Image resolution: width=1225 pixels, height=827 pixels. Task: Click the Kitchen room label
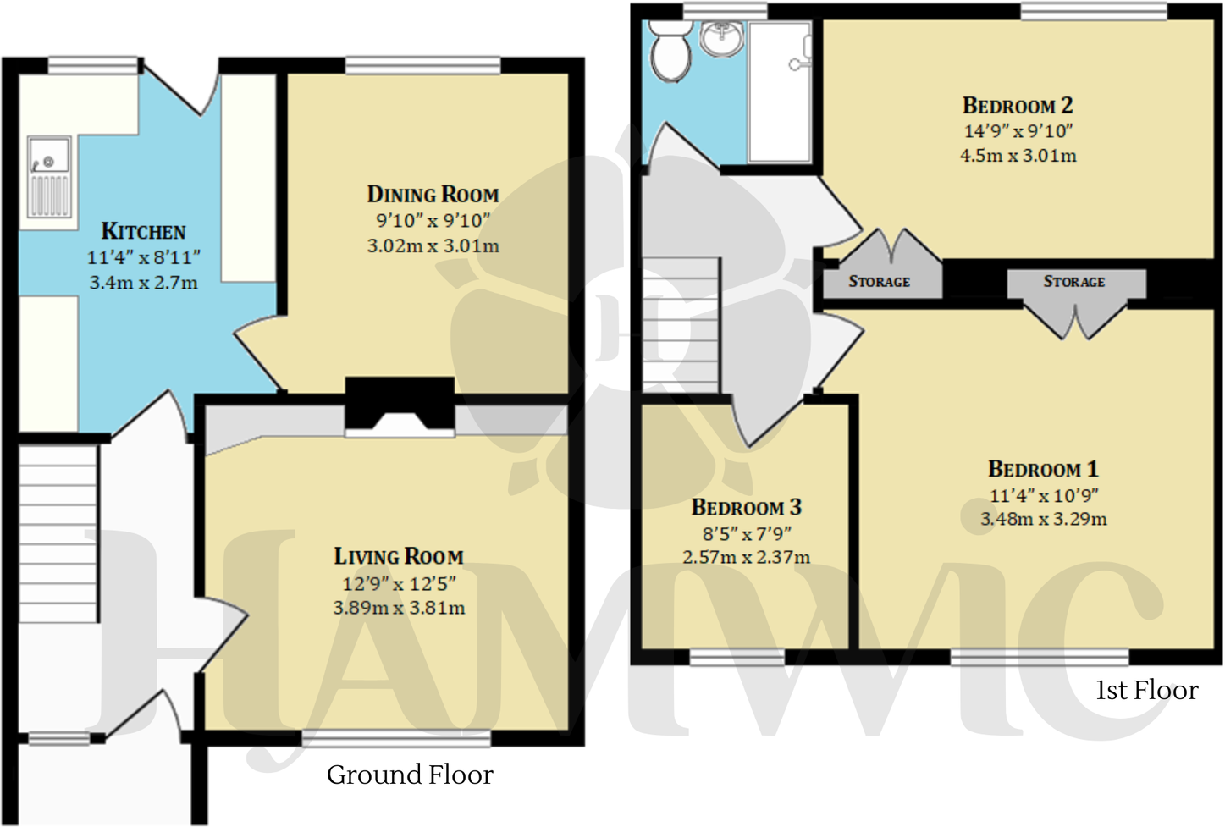pos(143,231)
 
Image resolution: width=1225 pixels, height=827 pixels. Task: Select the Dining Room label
pos(433,194)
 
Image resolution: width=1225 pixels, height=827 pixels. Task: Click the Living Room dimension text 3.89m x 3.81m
pos(399,608)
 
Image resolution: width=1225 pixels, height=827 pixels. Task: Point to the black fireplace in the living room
pos(400,405)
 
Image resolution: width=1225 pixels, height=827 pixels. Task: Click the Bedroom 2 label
pos(1018,106)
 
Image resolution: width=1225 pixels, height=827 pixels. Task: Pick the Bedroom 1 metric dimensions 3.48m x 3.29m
pos(1044,519)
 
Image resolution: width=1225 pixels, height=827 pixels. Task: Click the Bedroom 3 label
pos(746,507)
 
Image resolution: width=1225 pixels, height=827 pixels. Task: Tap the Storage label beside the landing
pos(879,282)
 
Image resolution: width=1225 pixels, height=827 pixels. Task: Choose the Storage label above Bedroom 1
pos(1073,282)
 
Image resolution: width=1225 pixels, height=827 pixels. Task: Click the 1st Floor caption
pos(1146,691)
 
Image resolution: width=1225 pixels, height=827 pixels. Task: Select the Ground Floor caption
pos(410,775)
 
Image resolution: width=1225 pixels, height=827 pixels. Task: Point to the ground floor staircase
pos(58,533)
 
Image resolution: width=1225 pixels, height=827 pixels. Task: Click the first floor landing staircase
pos(681,325)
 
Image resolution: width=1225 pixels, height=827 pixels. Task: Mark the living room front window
pos(396,738)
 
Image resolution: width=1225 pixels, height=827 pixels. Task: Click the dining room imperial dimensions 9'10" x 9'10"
pos(433,221)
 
